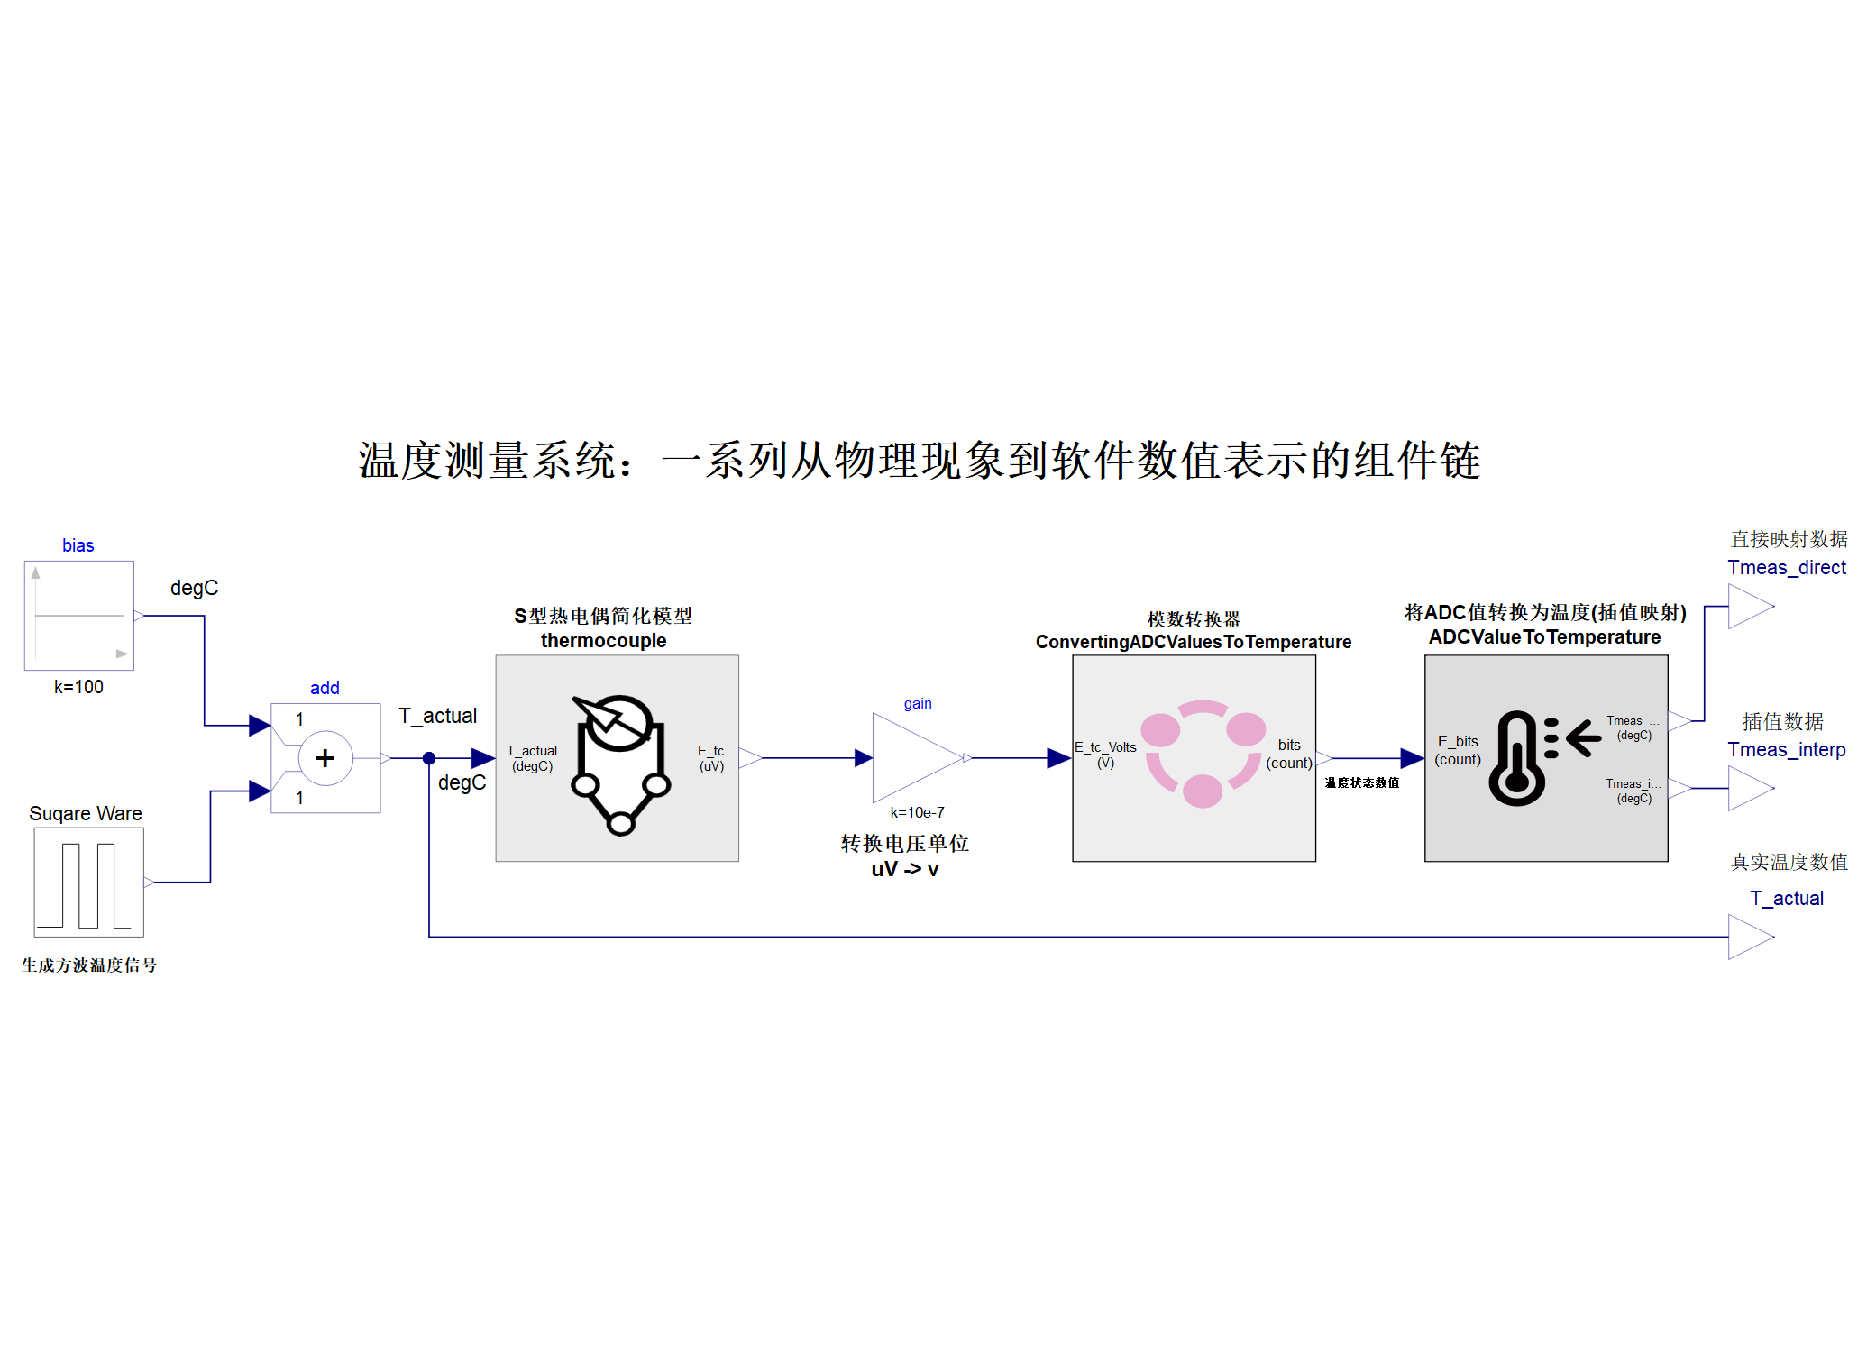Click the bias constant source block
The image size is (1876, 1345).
point(79,616)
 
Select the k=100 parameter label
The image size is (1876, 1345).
point(78,687)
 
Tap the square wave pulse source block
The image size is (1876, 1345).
point(88,882)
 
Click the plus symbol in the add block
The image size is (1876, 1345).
point(325,758)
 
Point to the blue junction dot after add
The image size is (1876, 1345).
point(429,758)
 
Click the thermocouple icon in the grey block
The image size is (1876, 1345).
point(620,763)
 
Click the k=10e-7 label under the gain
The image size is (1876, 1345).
point(917,812)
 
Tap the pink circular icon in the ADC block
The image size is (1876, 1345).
point(1203,755)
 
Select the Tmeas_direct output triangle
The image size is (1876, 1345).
point(1750,606)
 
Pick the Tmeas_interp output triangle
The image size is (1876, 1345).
point(1750,788)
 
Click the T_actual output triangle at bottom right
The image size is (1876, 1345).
point(1750,937)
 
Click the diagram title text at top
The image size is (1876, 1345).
point(919,461)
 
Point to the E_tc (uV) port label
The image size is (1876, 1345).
point(711,758)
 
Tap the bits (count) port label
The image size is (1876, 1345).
point(1289,754)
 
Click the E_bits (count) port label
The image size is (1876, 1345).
point(1458,750)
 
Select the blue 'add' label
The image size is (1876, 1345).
point(325,688)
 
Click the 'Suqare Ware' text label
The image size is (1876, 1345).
point(86,813)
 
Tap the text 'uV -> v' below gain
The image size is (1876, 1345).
point(904,869)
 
